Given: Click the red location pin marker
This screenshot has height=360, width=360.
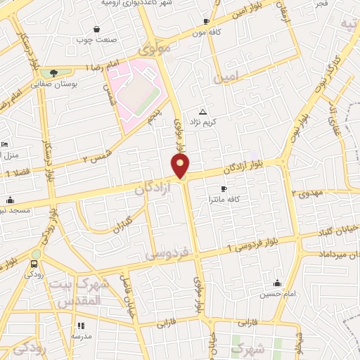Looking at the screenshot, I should (x=181, y=165).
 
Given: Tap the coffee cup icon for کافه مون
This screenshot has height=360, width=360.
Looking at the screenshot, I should (x=206, y=22).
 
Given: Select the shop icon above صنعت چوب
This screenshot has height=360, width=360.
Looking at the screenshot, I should (x=96, y=29).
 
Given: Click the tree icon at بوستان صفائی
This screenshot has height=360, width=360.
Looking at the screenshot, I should (x=54, y=72).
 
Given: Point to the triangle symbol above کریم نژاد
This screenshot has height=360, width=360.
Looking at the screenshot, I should (x=203, y=112).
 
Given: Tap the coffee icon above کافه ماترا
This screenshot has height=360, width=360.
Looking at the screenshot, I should (x=224, y=189).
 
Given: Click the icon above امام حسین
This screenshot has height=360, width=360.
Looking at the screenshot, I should (x=278, y=283).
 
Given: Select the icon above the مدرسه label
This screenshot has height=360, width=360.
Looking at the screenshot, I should (x=81, y=326).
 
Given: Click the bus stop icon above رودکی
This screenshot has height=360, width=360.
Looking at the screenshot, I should (x=34, y=264).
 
